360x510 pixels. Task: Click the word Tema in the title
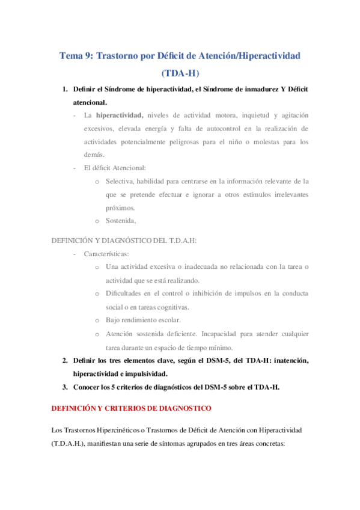tap(72, 55)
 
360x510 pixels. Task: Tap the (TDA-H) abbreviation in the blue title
tap(180, 73)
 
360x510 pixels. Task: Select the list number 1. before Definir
tap(65, 90)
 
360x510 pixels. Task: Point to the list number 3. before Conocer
tap(65, 387)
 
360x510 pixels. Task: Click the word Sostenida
tap(124, 220)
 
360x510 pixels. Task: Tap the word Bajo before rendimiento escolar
tap(113, 319)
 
